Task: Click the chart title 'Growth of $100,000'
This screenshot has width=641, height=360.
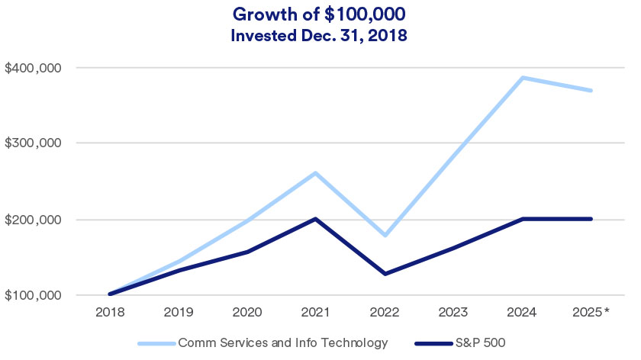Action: (x=320, y=14)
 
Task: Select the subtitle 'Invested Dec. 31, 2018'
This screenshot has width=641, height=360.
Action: (x=320, y=35)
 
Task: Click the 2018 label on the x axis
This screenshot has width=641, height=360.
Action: (x=110, y=312)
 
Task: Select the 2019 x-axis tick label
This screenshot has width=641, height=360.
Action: (x=179, y=312)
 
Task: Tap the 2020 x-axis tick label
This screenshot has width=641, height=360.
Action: (x=247, y=312)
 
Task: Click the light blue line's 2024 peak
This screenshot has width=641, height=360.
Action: (x=522, y=78)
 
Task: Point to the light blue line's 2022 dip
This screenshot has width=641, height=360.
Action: (x=385, y=235)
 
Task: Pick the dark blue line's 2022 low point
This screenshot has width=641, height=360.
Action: (x=385, y=274)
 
